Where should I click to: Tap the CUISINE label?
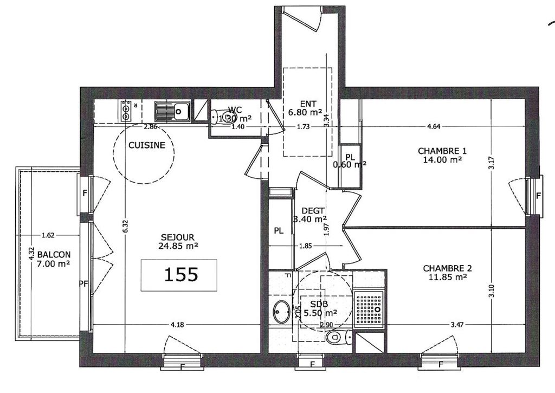point(146,145)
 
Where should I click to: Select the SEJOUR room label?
point(177,237)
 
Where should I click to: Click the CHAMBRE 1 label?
point(442,151)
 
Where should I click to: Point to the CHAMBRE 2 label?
point(447,268)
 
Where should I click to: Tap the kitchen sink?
point(171,112)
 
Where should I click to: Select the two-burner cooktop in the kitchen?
point(126,111)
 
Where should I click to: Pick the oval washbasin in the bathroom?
point(281,312)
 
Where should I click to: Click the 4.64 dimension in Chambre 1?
point(434,127)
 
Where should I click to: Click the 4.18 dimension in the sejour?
point(177,325)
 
